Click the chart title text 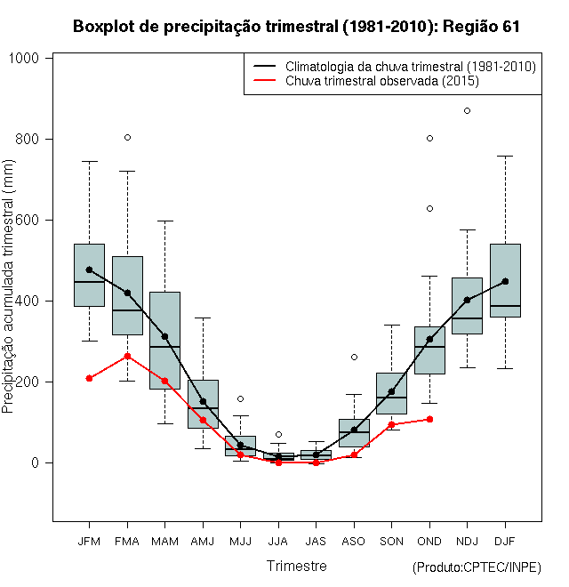(296, 27)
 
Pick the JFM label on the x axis (89, 541)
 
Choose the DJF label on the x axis (505, 541)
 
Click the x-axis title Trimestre (296, 566)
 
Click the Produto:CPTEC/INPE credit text (477, 567)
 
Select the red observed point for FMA (127, 356)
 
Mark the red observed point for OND (429, 419)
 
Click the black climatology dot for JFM (89, 269)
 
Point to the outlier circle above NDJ (468, 110)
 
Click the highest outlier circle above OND (429, 138)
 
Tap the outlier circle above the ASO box (354, 357)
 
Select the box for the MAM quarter (164, 341)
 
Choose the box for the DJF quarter (505, 280)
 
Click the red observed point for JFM (89, 378)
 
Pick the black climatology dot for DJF (505, 281)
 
